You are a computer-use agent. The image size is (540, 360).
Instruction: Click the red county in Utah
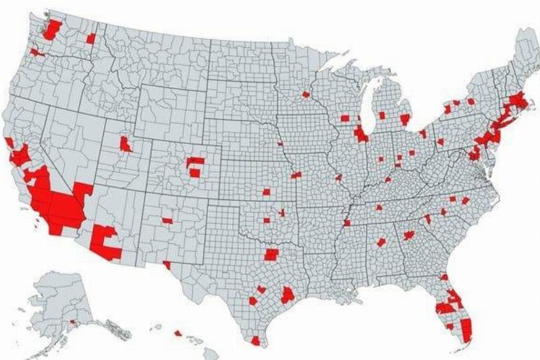(x=125, y=143)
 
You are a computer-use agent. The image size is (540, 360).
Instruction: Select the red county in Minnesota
(x=305, y=95)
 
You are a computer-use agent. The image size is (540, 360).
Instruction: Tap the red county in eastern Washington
(x=90, y=38)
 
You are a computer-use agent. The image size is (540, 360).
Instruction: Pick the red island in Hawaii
(x=178, y=332)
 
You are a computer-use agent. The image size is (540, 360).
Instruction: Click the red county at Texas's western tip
(x=167, y=265)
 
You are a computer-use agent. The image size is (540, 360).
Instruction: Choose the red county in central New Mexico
(x=167, y=220)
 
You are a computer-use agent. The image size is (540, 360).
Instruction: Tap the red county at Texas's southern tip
(x=255, y=341)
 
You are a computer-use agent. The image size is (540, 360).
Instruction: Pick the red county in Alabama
(x=381, y=242)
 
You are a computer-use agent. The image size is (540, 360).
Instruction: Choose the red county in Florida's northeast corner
(x=444, y=277)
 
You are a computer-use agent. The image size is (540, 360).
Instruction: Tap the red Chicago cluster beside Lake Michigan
(x=360, y=133)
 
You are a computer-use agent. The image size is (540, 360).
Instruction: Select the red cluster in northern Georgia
(x=408, y=235)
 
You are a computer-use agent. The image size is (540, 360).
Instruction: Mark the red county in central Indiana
(x=382, y=159)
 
